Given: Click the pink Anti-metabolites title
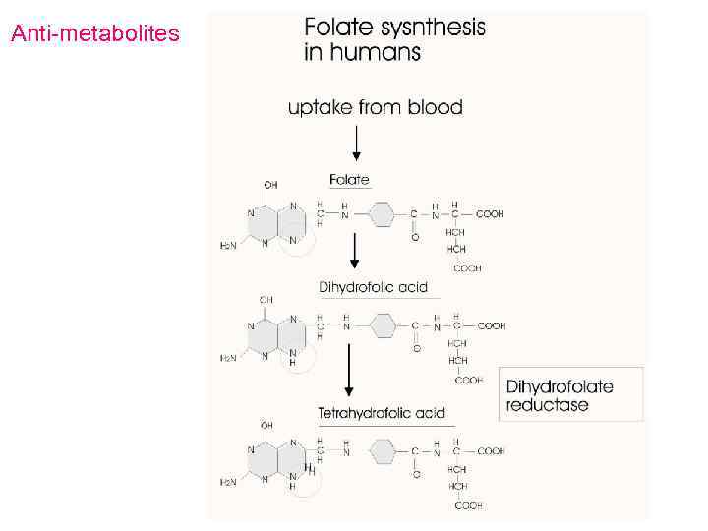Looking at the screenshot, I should (x=94, y=34).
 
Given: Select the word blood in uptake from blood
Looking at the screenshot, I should (x=431, y=107).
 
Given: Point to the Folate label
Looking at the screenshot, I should (x=349, y=179).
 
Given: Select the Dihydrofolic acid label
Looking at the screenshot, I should (x=373, y=287).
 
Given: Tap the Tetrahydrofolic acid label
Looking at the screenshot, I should (x=382, y=412).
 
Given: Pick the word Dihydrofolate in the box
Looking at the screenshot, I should (x=560, y=386).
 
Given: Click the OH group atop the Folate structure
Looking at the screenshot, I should (x=271, y=184).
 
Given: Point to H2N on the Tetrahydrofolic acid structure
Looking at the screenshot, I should (x=227, y=482).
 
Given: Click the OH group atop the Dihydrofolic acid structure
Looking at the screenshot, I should (x=266, y=299).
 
